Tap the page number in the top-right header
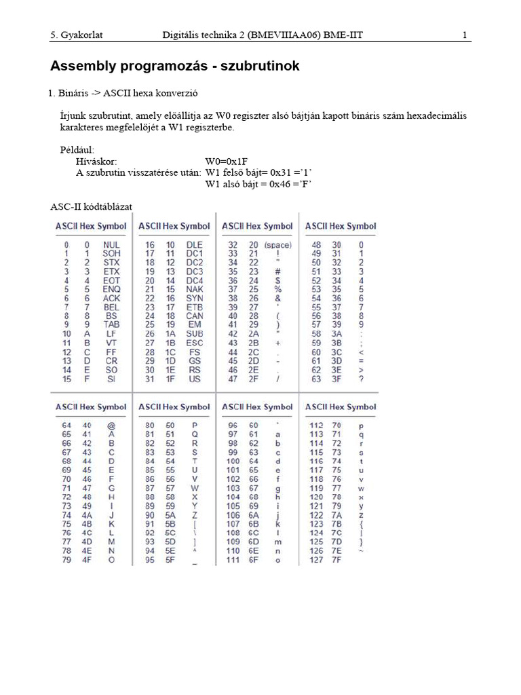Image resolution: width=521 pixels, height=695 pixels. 465,35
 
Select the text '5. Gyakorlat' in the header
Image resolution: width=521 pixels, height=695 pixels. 76,35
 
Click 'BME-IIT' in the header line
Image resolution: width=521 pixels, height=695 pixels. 343,35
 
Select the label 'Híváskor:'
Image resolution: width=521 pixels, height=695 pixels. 97,162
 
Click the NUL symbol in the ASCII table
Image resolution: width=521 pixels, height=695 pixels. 111,245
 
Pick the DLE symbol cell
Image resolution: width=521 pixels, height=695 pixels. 195,245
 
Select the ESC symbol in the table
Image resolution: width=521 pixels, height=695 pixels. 195,343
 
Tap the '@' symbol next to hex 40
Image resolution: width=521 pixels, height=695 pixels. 111,426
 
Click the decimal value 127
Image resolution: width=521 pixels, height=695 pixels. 316,560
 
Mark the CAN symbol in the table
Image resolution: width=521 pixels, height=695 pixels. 195,316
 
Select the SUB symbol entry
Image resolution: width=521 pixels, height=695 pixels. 195,335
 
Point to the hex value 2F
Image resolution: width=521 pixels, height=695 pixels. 254,379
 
